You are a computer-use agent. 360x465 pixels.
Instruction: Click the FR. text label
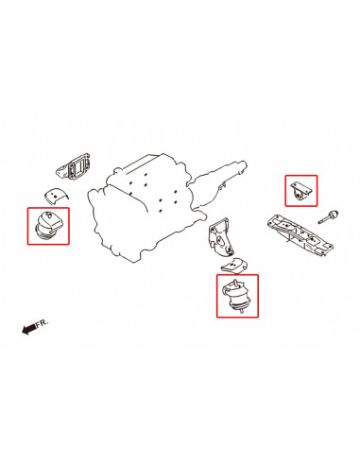coord(42,323)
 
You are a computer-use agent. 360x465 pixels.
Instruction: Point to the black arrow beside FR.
coord(28,329)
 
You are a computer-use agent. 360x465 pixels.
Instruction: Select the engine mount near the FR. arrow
coord(48,226)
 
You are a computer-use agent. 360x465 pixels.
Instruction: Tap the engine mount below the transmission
coord(236,296)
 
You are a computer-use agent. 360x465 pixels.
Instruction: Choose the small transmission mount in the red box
coord(301,191)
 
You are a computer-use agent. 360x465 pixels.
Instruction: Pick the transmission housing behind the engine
coord(219,186)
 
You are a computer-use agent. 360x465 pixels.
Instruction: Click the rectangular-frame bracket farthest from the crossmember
coord(74,167)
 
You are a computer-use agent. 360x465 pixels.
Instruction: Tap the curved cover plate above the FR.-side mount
coord(56,197)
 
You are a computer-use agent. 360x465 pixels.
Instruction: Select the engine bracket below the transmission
coord(220,236)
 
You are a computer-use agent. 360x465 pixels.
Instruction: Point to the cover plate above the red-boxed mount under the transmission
coord(234,266)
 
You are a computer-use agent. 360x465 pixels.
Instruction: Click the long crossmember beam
coord(300,233)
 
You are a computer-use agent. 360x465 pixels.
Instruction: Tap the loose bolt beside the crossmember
coord(328,216)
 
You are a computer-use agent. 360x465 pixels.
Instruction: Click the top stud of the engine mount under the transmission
coord(234,283)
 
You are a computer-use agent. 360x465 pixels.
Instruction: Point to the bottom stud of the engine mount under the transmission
coord(241,311)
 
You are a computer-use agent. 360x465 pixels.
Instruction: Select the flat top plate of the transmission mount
coord(300,187)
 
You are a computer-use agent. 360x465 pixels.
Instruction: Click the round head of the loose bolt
coord(334,214)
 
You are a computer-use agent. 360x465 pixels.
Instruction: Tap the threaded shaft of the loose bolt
coord(324,219)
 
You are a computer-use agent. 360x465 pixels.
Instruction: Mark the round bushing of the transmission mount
coord(299,197)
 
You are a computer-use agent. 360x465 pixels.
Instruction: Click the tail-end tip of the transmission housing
coord(245,164)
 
